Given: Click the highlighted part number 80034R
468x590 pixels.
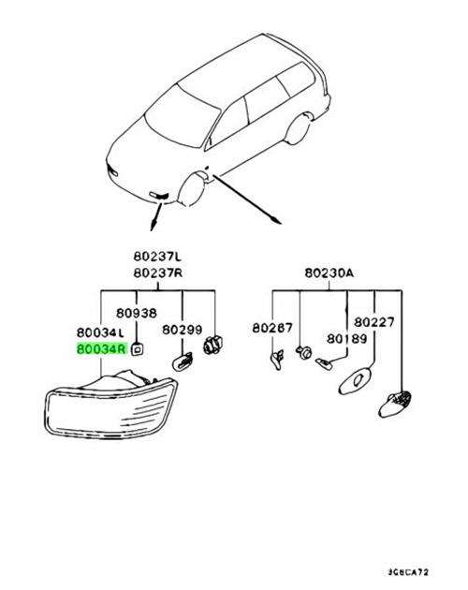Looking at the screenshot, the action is point(102,349).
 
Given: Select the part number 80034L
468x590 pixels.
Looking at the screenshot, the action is point(100,332).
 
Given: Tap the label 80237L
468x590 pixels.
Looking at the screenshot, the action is point(157,257).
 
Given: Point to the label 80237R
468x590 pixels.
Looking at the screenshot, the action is point(158,273).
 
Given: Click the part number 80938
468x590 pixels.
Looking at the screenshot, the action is point(136,313).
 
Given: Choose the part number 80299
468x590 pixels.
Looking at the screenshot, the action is point(183,330).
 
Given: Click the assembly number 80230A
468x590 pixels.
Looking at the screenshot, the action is point(329,273).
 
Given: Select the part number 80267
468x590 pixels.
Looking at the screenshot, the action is point(272,328).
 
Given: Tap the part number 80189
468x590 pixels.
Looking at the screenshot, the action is point(347,339).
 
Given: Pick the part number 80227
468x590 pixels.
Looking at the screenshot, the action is point(374,322).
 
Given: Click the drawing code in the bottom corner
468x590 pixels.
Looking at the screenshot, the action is point(408,572).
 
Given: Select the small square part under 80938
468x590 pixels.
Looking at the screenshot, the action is point(137,349).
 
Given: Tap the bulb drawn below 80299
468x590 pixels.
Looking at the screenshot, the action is point(183,361).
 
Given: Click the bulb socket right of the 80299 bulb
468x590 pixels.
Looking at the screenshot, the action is point(212,345).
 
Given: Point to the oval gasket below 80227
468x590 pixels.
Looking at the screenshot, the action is point(355,380).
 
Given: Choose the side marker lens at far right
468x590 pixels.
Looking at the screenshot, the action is point(395,404).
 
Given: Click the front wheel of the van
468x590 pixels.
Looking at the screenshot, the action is point(192,189).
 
